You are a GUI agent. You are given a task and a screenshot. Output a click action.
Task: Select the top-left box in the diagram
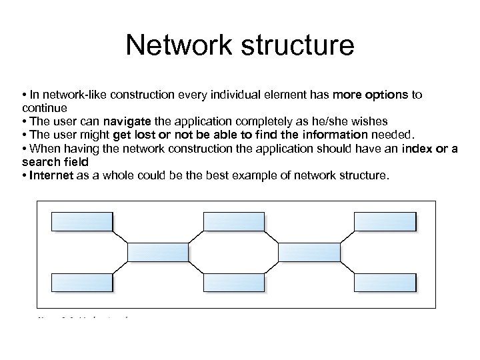82,222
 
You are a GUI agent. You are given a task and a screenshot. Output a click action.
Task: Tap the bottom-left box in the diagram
82,282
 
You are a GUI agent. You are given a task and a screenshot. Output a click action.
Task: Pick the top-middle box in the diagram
234,222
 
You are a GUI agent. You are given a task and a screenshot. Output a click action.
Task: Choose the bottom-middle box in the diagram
234,282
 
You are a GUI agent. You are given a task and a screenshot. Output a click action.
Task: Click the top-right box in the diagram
385,222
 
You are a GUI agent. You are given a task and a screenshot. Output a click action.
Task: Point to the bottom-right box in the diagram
385,282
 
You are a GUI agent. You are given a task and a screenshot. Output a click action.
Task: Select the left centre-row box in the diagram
158,252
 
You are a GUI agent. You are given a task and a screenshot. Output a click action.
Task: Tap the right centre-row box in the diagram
309,252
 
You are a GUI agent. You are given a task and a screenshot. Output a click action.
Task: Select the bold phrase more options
371,95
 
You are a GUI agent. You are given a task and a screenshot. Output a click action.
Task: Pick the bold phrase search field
54,162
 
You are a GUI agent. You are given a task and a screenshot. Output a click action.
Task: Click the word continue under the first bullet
43,107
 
